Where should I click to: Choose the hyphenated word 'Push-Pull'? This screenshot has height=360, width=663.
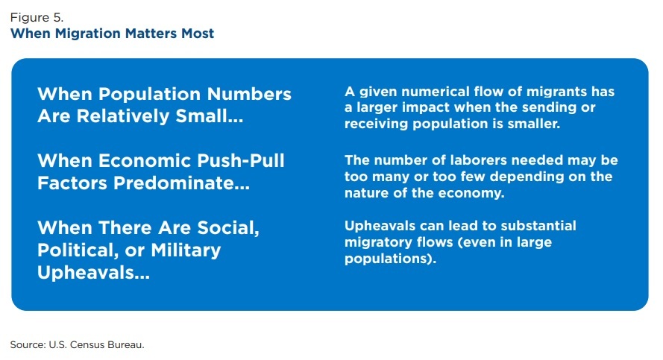tap(236, 161)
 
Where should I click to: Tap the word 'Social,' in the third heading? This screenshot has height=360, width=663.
tap(223, 227)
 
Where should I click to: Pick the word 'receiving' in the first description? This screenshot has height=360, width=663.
tap(375, 124)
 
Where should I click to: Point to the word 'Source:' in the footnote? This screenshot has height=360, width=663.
tap(28, 344)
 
